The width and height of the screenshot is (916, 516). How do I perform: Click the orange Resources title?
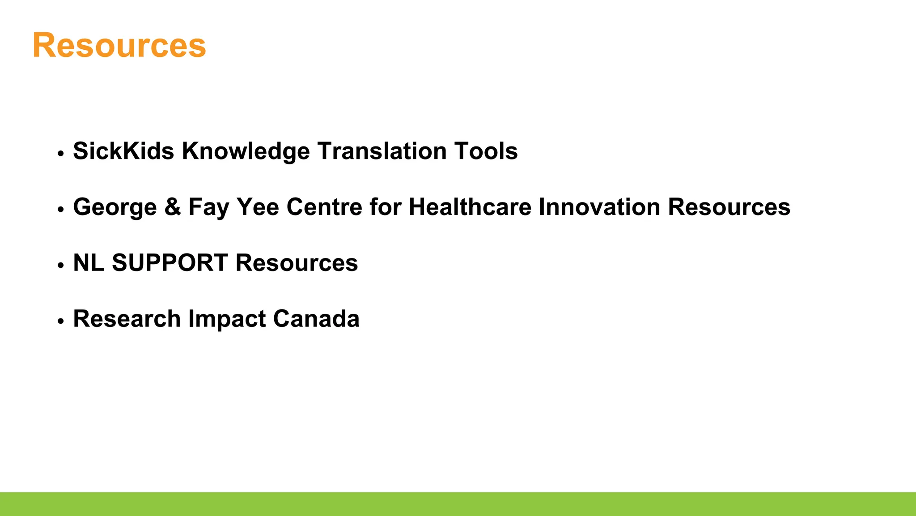pos(119,46)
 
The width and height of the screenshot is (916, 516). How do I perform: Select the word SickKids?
pos(123,151)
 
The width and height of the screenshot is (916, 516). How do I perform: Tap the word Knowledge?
pos(246,151)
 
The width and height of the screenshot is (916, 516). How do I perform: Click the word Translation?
pos(382,151)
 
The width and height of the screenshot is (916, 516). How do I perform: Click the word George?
pos(115,207)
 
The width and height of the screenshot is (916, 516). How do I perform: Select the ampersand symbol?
pos(173,207)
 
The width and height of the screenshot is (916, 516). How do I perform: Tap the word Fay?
pos(209,207)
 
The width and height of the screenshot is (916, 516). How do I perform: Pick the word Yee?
pos(258,207)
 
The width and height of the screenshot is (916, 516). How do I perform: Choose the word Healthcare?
pos(470,207)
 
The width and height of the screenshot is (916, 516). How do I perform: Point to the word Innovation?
pos(599,207)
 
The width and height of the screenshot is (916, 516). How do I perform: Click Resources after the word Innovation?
pos(729,207)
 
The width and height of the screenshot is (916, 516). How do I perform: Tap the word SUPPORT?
pos(170,263)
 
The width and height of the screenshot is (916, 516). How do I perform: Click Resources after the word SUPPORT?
pos(297,263)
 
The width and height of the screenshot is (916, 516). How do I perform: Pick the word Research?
pos(127,319)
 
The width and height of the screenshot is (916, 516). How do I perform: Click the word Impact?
pos(227,319)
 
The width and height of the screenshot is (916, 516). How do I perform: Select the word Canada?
pos(316,319)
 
